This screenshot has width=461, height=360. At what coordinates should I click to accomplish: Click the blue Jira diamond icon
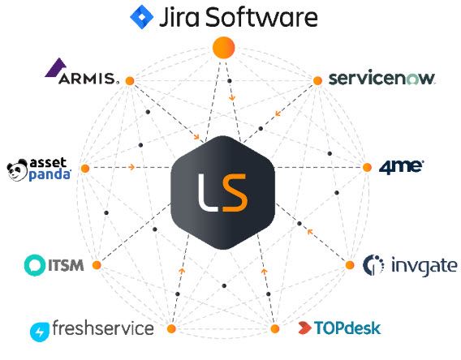click(142, 17)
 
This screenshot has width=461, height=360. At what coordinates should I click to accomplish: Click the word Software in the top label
click(261, 17)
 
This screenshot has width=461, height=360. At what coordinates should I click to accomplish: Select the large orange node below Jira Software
click(224, 48)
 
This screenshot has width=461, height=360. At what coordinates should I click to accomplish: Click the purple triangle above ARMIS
click(56, 67)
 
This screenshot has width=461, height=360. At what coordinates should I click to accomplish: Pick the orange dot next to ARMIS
click(130, 81)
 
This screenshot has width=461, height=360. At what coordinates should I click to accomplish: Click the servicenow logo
click(381, 78)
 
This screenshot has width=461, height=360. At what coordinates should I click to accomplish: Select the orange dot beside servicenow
click(317, 80)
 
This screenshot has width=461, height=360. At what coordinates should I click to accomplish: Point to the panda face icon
click(17, 170)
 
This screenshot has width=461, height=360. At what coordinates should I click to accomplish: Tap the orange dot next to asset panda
click(85, 169)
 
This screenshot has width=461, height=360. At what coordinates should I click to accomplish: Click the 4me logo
click(401, 167)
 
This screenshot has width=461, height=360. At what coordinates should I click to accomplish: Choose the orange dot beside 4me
click(367, 167)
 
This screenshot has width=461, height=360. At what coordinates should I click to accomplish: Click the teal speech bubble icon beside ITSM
click(35, 265)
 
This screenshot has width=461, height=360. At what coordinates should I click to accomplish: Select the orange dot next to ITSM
click(97, 265)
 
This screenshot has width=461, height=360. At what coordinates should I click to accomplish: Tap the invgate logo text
click(424, 266)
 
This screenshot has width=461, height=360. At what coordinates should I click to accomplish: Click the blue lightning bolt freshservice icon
click(40, 332)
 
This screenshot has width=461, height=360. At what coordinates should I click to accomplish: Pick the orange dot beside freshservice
click(171, 328)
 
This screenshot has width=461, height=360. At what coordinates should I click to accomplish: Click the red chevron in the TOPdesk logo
click(304, 328)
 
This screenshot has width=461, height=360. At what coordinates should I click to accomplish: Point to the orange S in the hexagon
click(235, 193)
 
